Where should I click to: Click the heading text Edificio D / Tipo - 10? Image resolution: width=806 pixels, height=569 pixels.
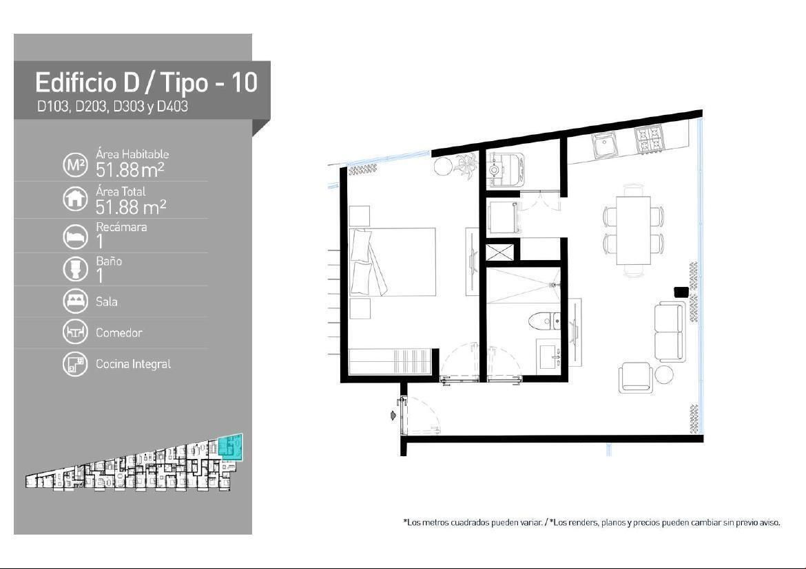(146, 83)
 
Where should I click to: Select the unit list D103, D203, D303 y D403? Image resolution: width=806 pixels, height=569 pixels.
(112, 107)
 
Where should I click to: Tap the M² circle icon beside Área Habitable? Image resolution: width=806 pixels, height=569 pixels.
(75, 165)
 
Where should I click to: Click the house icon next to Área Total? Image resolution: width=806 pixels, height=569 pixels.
(75, 199)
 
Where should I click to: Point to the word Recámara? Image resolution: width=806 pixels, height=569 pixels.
(121, 227)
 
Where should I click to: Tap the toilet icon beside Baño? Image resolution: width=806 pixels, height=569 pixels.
(75, 268)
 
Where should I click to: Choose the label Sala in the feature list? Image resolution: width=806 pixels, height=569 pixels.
(106, 301)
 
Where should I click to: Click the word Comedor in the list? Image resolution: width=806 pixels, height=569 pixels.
(118, 333)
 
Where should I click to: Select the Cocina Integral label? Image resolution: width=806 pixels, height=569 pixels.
(133, 364)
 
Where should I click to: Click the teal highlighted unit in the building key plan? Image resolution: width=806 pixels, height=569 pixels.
(230, 447)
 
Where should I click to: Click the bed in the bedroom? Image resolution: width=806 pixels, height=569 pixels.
(392, 262)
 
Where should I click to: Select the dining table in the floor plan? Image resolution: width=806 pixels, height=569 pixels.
(633, 230)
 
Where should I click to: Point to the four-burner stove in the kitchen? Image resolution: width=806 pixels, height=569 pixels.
(649, 139)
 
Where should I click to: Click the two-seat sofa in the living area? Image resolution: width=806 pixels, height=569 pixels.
(670, 332)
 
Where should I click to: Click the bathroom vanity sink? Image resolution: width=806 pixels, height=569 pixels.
(549, 356)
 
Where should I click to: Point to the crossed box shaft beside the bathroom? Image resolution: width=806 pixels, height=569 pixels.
(499, 253)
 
